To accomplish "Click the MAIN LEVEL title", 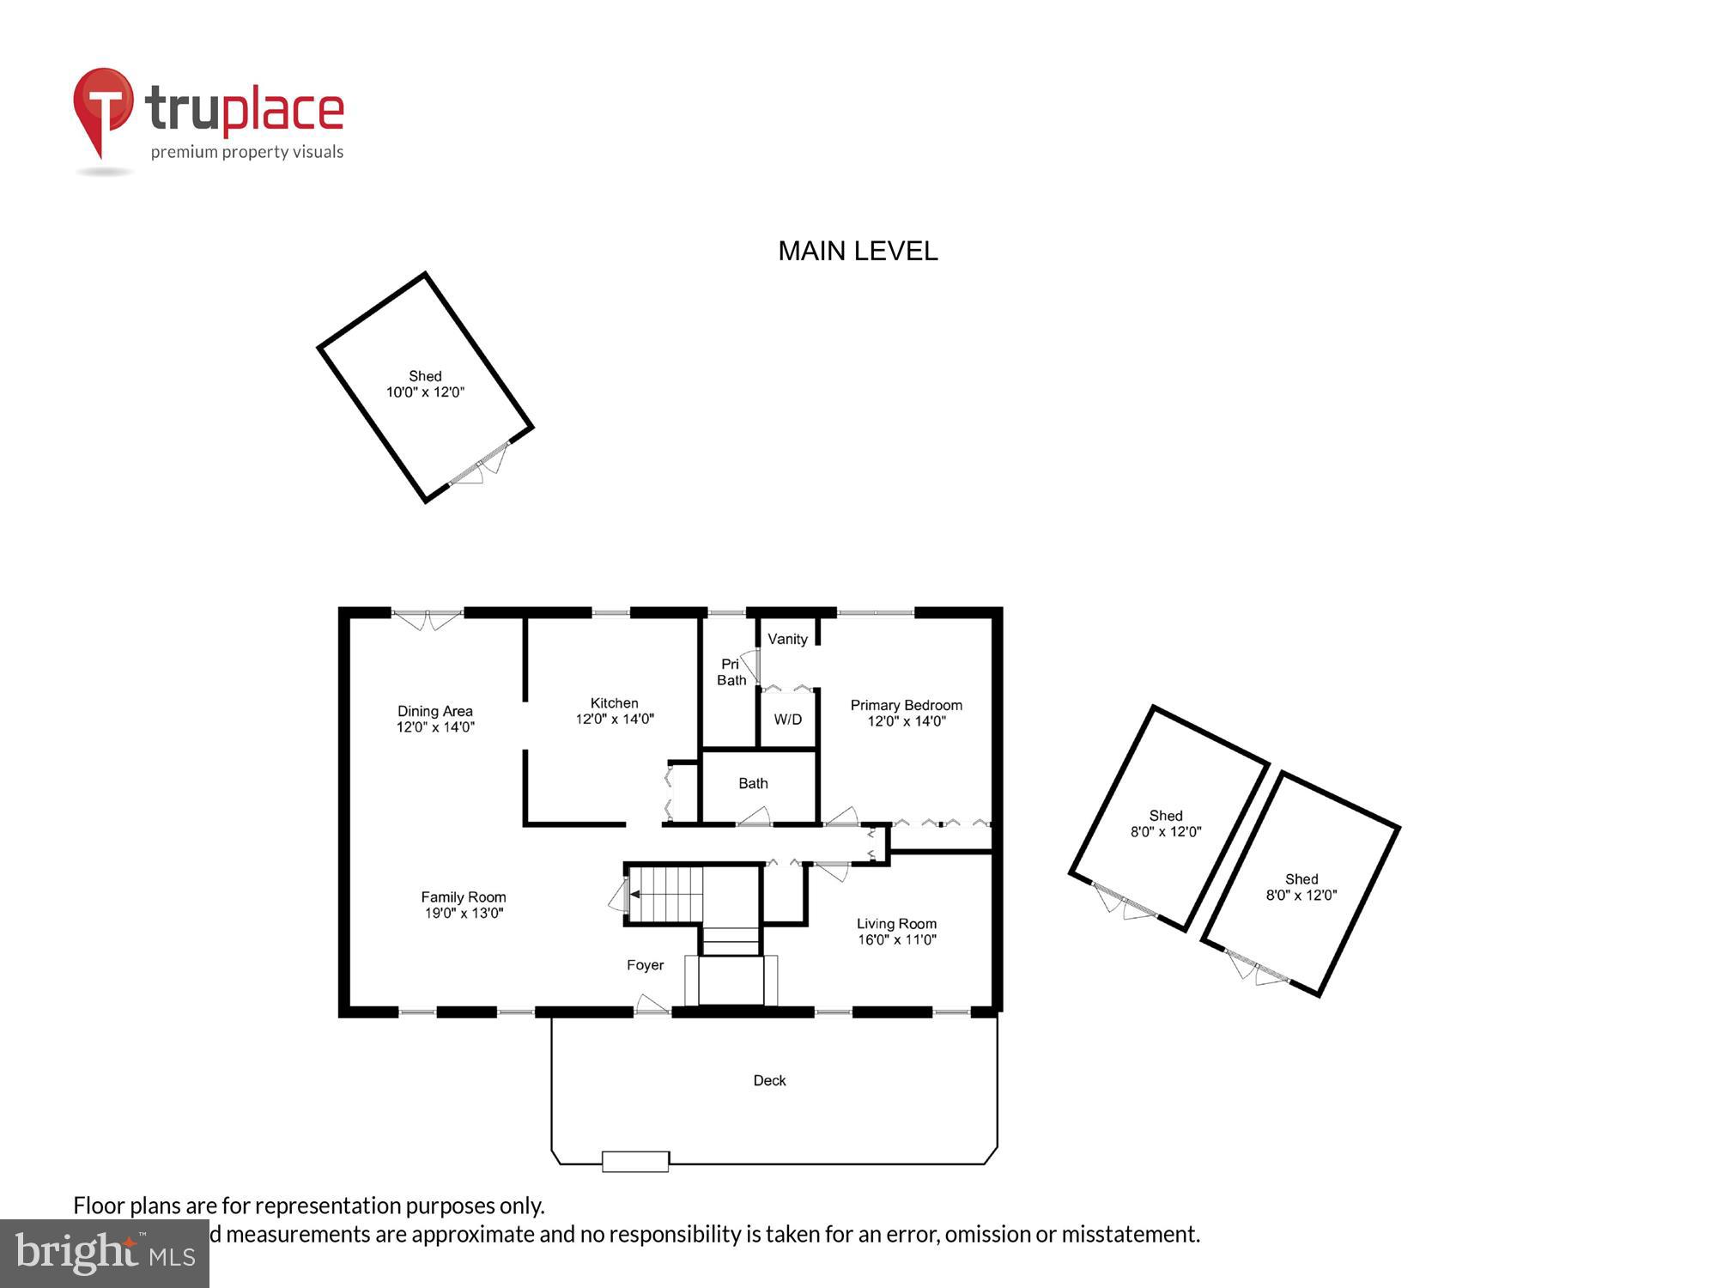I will point(858,251).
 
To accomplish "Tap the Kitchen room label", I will point(614,703).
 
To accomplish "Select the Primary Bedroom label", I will point(906,705).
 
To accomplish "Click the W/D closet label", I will point(787,720).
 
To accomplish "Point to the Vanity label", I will point(787,639).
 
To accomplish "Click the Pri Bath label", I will point(731,672).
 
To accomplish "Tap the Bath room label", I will point(753,783).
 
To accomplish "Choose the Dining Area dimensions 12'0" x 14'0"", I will point(435,727).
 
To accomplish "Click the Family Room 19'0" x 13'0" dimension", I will point(464,914).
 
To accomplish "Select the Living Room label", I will point(896,924).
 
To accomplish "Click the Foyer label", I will point(645,965).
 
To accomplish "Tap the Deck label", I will point(769,1080).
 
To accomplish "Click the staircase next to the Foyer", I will point(667,894).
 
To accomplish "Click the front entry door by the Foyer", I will point(652,1006).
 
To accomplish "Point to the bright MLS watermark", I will point(105,1254).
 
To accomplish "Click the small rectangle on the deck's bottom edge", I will point(635,1162).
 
